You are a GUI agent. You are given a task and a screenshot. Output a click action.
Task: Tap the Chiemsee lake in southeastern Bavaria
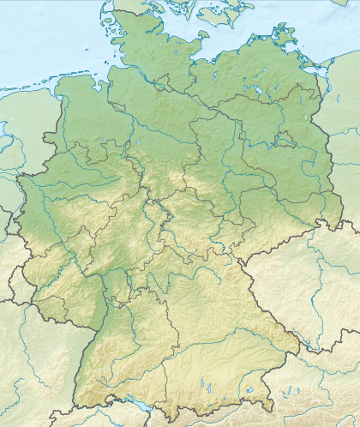249,390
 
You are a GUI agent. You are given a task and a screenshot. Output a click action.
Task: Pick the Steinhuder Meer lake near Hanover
141,144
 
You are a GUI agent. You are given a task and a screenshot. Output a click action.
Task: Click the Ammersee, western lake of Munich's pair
202,386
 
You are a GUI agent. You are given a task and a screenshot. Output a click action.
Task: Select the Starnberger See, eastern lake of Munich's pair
211,388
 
